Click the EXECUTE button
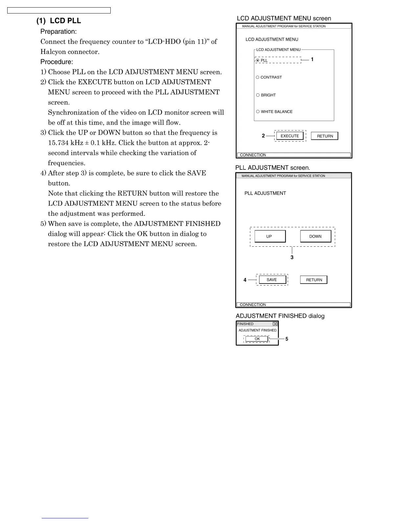point(290,136)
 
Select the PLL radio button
point(257,60)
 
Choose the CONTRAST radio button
point(257,77)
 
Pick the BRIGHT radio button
point(258,95)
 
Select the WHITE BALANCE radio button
point(258,112)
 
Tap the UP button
point(269,236)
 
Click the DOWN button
point(315,236)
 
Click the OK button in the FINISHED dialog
point(257,339)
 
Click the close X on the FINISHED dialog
point(275,324)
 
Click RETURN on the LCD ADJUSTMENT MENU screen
point(324,136)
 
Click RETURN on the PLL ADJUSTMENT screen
point(314,280)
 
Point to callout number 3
point(292,258)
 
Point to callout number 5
point(287,339)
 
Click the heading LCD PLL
point(65,21)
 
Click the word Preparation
point(58,32)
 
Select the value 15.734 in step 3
point(58,143)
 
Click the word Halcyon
point(53,52)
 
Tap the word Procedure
point(56,62)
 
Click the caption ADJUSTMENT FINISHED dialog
point(280,316)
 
